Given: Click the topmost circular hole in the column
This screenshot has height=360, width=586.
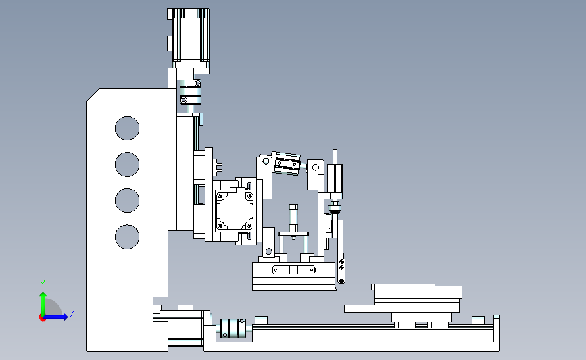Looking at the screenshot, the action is [x=127, y=128].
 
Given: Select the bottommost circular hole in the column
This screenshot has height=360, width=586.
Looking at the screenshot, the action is [x=127, y=237].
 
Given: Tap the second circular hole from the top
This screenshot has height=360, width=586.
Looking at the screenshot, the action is [x=127, y=164].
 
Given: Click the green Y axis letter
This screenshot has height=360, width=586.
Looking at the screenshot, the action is [x=43, y=284].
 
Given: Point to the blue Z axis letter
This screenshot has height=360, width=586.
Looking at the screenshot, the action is [x=72, y=313].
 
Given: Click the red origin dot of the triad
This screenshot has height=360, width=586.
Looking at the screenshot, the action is [x=42, y=318].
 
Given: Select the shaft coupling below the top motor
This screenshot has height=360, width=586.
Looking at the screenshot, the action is [x=191, y=92].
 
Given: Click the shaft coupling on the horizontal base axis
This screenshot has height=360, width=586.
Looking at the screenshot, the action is [x=233, y=328].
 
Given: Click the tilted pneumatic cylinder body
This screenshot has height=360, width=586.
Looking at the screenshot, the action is [x=287, y=163].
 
